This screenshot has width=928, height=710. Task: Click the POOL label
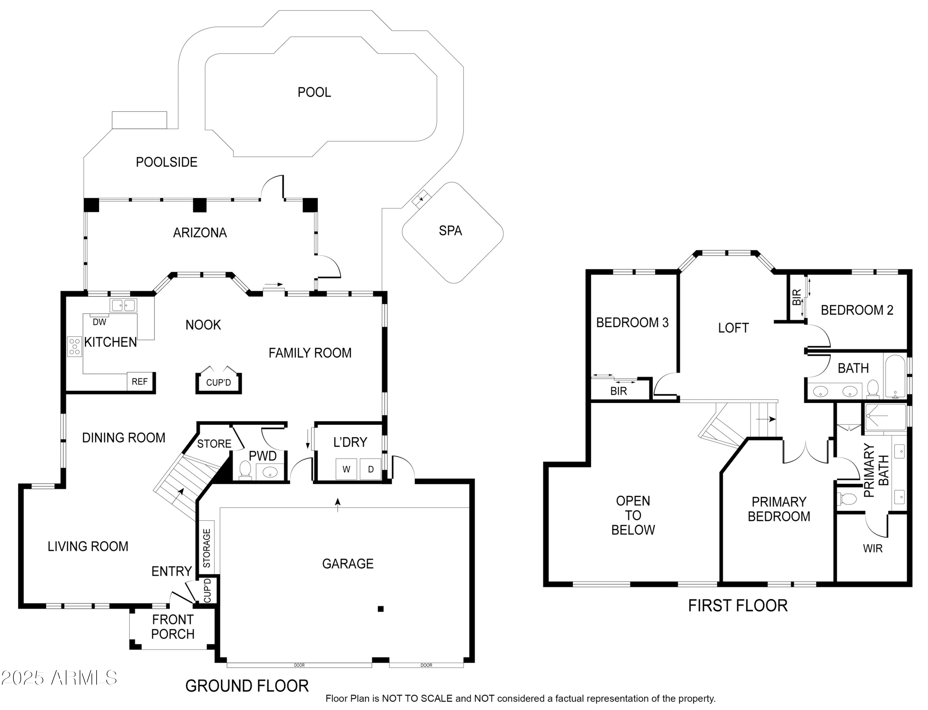314,92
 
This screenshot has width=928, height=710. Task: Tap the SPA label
450,231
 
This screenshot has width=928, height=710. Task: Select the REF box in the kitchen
140,382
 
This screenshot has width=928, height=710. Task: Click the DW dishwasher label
99,322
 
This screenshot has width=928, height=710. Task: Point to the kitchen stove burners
75,347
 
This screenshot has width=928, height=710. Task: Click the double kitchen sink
123,305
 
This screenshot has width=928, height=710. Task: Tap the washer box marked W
346,469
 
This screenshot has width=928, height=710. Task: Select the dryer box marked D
371,469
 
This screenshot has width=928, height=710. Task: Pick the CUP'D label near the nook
219,383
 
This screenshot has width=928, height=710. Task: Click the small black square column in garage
380,609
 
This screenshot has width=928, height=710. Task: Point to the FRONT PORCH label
173,627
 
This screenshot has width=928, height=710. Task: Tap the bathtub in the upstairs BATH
894,376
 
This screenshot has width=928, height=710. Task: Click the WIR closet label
873,549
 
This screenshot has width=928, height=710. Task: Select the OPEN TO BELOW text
633,515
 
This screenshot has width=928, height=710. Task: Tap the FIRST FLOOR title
738,605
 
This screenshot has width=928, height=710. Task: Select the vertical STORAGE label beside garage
207,548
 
